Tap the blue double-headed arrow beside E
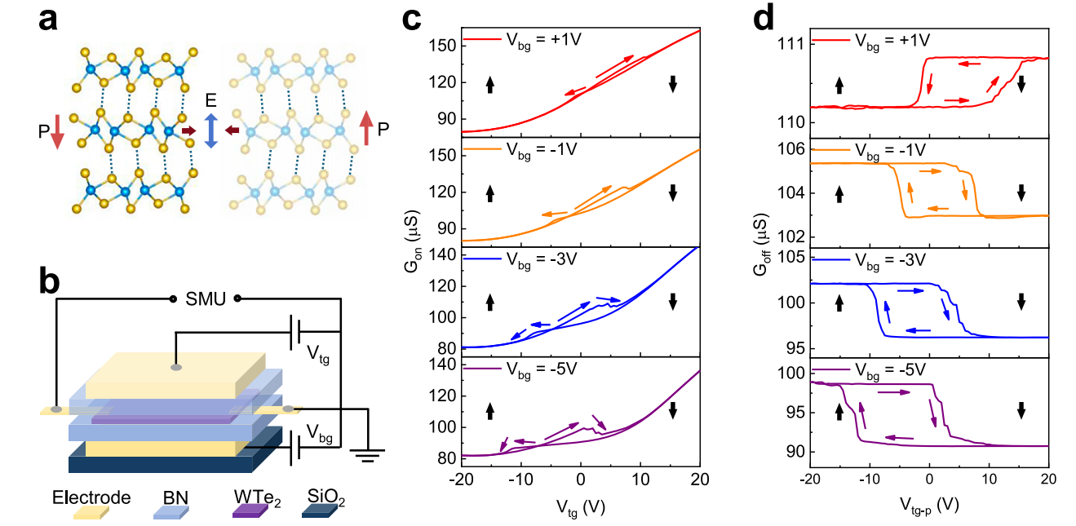[210, 130]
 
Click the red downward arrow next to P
[57, 131]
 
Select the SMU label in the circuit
[206, 298]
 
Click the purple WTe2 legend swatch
[250, 511]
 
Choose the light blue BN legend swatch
[171, 511]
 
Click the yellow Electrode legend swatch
[91, 511]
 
